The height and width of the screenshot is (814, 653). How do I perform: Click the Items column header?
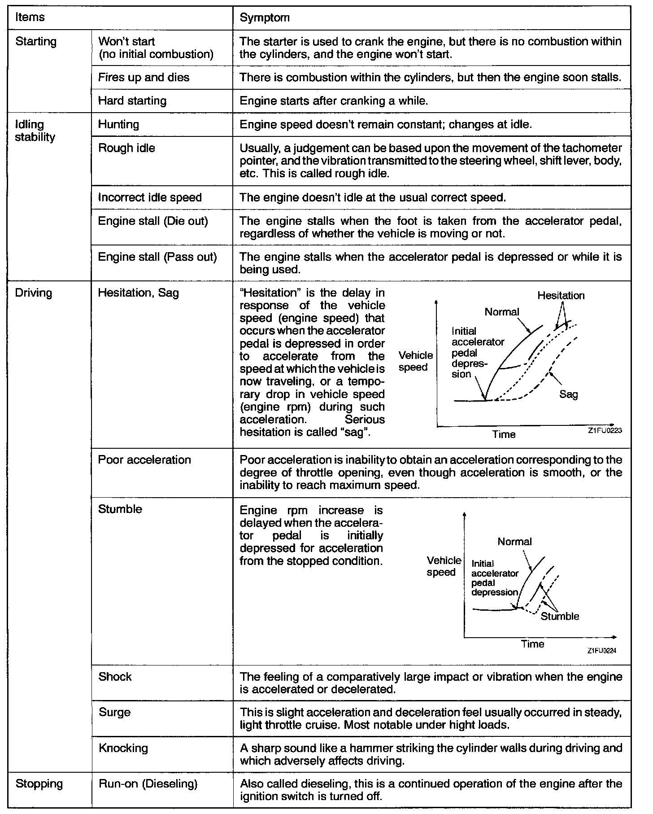point(30,18)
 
